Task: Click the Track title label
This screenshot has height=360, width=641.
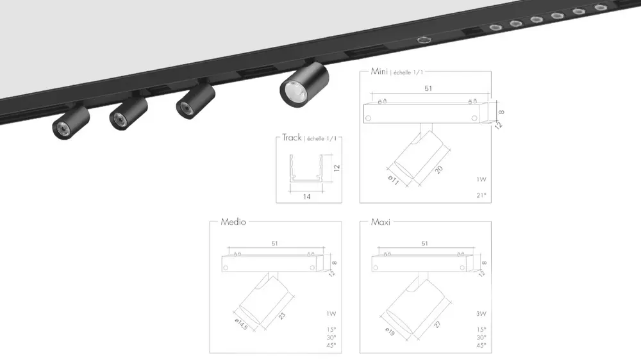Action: coord(292,138)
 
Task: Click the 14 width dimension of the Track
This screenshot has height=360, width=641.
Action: coord(307,197)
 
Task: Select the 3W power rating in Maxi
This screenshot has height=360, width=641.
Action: coord(481,314)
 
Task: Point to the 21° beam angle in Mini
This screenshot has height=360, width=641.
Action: coord(481,195)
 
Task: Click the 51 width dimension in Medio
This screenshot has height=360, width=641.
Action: coord(275,244)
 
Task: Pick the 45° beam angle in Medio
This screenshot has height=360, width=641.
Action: coord(331,345)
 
